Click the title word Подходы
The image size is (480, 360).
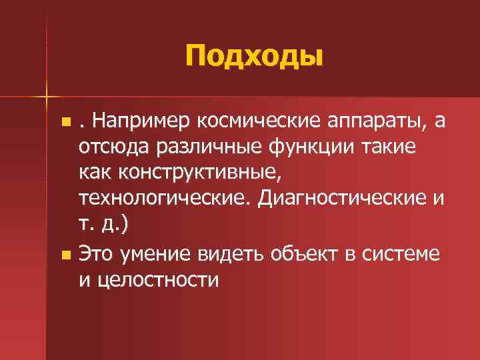click(x=254, y=57)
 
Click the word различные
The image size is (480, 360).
click(x=203, y=147)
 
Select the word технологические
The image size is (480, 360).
click(x=168, y=198)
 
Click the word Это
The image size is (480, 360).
click(x=97, y=254)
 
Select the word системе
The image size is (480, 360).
click(x=401, y=254)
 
